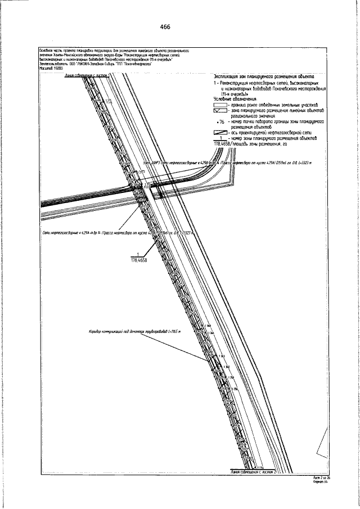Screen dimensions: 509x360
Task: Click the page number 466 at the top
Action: tap(165, 27)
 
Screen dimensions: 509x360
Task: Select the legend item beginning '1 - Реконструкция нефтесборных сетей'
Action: tap(264, 83)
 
